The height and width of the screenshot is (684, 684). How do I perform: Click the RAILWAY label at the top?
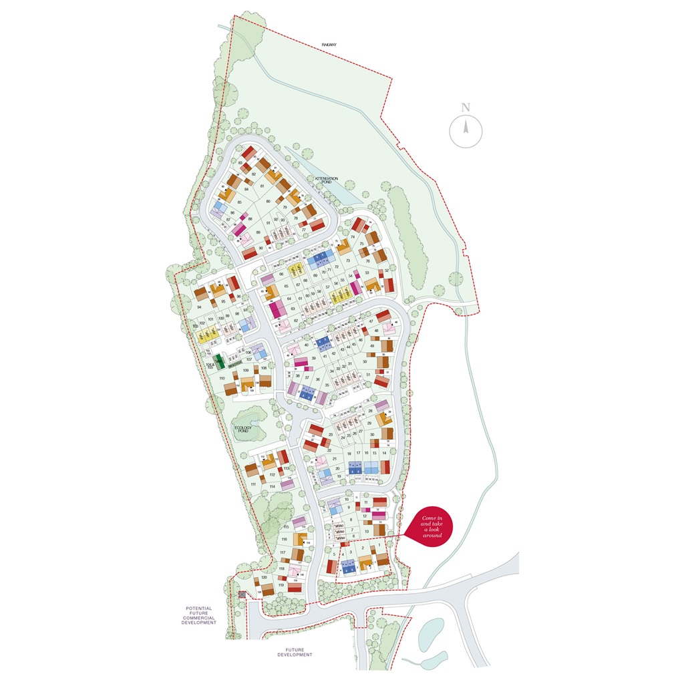(329, 45)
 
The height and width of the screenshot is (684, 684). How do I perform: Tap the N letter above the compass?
(466, 108)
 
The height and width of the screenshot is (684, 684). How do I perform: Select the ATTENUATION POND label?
(327, 180)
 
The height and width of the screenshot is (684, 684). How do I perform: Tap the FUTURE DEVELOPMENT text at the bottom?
(295, 652)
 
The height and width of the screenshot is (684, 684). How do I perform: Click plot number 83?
(240, 162)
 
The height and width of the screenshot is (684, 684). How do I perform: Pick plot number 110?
(222, 379)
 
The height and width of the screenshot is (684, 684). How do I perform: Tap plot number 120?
(264, 576)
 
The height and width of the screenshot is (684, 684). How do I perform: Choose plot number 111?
(253, 484)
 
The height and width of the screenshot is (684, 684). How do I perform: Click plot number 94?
(199, 307)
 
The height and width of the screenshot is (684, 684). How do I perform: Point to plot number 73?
(347, 261)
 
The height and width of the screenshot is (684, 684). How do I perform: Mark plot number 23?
(331, 435)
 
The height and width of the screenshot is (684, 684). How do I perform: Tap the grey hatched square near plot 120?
(242, 594)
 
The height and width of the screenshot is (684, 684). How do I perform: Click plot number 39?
(313, 359)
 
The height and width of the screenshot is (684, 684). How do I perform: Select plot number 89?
(258, 232)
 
